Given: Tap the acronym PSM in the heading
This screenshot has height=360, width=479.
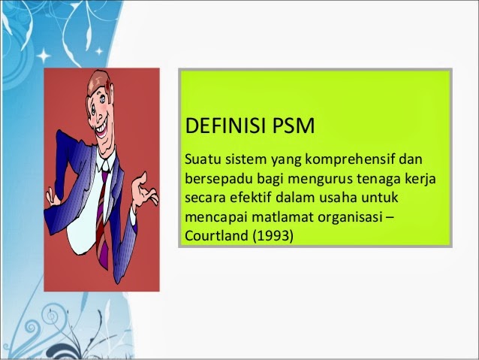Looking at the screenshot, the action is [x=294, y=126].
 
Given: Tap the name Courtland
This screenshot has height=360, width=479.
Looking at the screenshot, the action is [x=217, y=235].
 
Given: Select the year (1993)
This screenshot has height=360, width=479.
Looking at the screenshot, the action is [x=273, y=236].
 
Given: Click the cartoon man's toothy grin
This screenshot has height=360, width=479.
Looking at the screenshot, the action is [x=101, y=129].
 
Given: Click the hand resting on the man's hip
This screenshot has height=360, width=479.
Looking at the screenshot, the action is [x=53, y=197].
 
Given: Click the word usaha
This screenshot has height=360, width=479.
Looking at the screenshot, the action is [x=338, y=197].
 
